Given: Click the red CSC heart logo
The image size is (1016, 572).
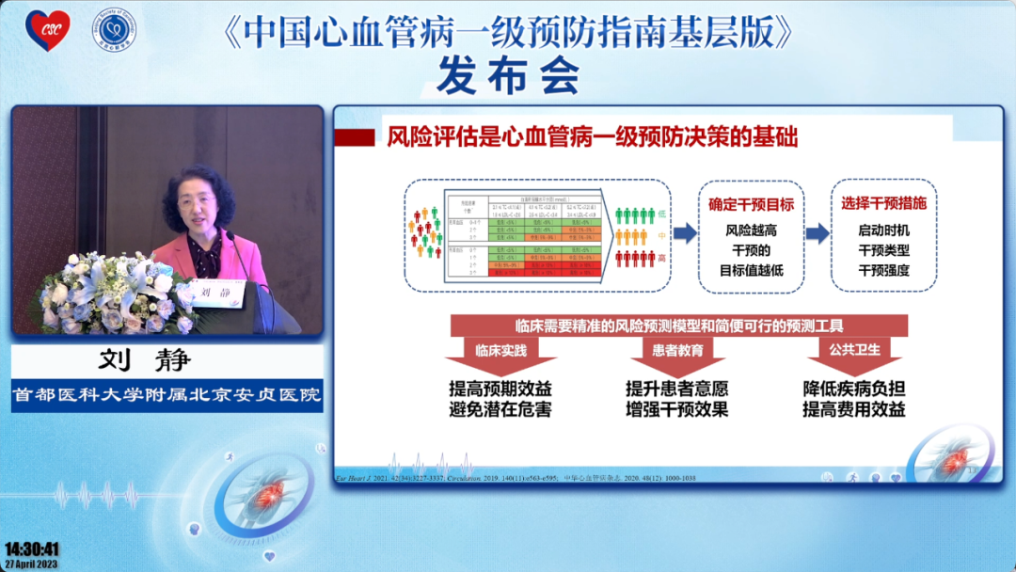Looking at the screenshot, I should click(x=46, y=30).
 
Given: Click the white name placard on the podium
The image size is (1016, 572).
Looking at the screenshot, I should click(x=216, y=294).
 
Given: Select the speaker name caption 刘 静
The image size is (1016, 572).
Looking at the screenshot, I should click(x=167, y=362).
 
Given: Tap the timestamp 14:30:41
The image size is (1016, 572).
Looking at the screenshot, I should click(x=32, y=548).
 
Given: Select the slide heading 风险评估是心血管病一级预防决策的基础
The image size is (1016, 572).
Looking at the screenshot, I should click(x=593, y=138).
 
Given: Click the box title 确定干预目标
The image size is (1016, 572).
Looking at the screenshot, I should click(x=751, y=204).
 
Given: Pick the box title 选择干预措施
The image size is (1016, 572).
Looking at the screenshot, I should click(x=883, y=203).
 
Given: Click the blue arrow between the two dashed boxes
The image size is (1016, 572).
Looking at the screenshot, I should click(x=818, y=233).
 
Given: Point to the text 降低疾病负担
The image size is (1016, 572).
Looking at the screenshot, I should click(x=853, y=389).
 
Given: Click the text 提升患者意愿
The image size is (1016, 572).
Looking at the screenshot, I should click(x=676, y=389).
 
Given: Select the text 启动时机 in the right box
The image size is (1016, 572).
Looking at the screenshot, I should click(x=883, y=230).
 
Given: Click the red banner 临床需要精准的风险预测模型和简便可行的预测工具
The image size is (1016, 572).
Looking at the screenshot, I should click(x=678, y=326).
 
